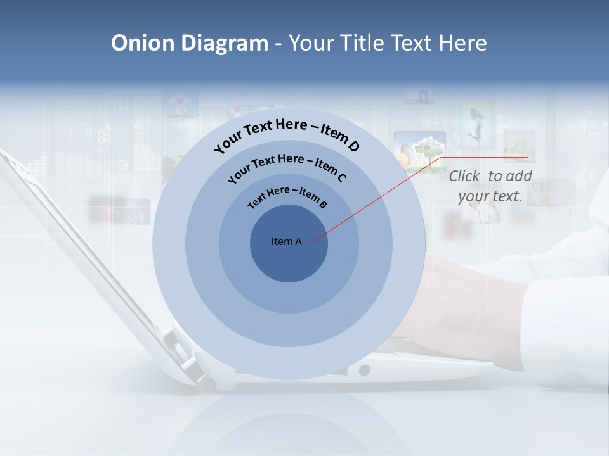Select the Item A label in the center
point(286,241)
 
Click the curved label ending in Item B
point(287,196)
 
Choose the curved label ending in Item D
point(287,132)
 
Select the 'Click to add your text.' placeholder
point(490,186)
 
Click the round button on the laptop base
point(364,370)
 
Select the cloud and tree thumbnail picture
point(419,151)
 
